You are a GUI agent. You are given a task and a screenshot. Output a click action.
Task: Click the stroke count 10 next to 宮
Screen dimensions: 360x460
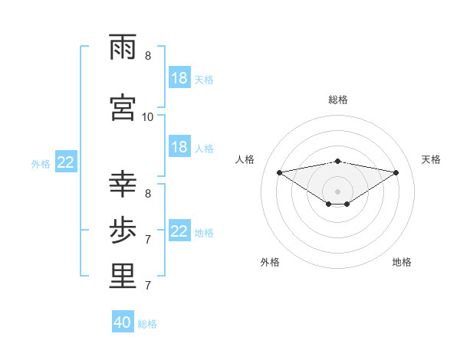tap(148, 116)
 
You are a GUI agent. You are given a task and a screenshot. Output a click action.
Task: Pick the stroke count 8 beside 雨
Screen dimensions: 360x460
tap(148, 55)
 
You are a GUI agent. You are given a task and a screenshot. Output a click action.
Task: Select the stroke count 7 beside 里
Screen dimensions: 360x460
tap(148, 286)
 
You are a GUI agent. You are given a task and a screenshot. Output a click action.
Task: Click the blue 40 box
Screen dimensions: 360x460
tap(123, 322)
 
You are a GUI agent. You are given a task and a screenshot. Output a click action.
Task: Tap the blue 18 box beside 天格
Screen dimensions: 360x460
tap(179, 78)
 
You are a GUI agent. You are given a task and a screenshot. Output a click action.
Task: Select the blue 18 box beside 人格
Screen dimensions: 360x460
tap(179, 147)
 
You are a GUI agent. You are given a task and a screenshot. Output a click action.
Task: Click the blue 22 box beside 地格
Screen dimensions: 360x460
tap(179, 231)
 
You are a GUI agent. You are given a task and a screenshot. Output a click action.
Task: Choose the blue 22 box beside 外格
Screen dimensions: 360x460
tap(66, 162)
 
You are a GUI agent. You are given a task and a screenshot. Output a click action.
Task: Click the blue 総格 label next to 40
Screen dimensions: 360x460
tap(147, 324)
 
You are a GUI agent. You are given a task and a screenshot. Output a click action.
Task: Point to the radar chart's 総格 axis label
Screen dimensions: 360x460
tap(338, 100)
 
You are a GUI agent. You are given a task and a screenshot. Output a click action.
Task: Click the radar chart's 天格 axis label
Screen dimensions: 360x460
tap(432, 159)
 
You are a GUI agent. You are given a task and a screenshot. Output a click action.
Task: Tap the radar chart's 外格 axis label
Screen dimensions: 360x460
tap(270, 262)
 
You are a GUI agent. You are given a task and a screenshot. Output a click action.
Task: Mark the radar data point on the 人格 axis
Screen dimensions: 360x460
tap(279, 172)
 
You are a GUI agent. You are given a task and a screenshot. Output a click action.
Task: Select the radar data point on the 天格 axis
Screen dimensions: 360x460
tap(396, 172)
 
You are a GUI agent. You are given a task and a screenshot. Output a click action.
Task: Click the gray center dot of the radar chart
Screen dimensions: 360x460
tap(338, 191)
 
